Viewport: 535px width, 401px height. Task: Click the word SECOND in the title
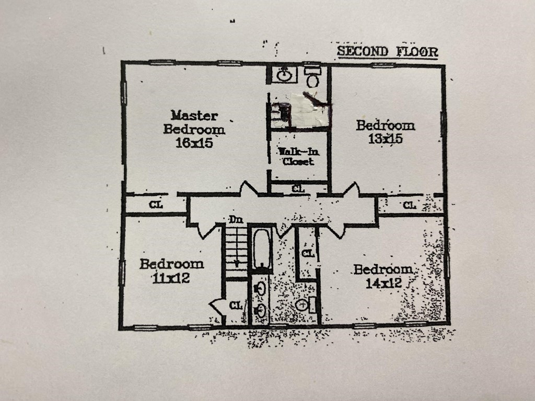point(363,51)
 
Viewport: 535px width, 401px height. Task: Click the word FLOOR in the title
point(417,52)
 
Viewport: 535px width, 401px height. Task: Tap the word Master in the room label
point(194,115)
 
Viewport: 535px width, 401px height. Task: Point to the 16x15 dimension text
point(194,143)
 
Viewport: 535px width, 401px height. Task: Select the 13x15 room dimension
point(385,138)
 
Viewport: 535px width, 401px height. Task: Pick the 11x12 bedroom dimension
point(171,278)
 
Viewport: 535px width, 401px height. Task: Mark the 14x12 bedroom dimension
point(383,283)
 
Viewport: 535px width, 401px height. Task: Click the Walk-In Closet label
point(298,156)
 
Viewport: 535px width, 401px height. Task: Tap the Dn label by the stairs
point(236,220)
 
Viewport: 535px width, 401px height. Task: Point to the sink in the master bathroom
point(284,75)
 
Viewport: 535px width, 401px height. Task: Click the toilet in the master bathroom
point(312,77)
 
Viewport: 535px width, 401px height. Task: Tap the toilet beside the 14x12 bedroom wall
point(306,304)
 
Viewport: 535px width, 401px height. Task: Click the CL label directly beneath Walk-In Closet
point(298,188)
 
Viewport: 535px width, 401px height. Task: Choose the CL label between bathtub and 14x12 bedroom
point(308,253)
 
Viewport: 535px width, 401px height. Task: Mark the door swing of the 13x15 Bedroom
point(352,189)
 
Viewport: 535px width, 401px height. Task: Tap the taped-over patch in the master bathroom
point(309,110)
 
